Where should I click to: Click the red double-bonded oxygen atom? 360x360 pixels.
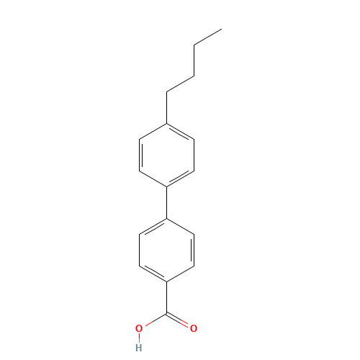coord(194,328)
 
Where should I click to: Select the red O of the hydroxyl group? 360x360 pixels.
coord(139,328)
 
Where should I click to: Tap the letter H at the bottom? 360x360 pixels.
coord(139,347)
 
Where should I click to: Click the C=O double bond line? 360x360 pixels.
coord(179,320)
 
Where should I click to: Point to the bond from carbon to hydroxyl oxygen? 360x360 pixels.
coord(154,320)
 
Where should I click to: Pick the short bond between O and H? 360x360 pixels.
coord(139,338)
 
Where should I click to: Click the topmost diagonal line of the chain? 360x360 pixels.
coord(207,37)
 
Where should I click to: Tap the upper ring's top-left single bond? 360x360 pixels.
coord(153,131)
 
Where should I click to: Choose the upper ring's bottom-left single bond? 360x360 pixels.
coord(153,179)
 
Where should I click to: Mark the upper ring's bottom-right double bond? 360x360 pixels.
coord(180,178)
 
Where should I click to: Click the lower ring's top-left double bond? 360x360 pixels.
coord(153,226)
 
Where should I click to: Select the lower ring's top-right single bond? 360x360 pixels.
coord(180,226)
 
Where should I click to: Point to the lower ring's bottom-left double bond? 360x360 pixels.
coord(153,273)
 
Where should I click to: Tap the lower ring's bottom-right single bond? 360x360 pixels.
coord(180,274)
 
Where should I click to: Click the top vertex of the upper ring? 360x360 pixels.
coord(167,124)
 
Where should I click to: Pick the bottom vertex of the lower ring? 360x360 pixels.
coord(167,282)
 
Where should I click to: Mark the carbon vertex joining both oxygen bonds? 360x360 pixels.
coord(167,313)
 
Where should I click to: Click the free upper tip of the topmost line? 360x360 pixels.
coord(220,30)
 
